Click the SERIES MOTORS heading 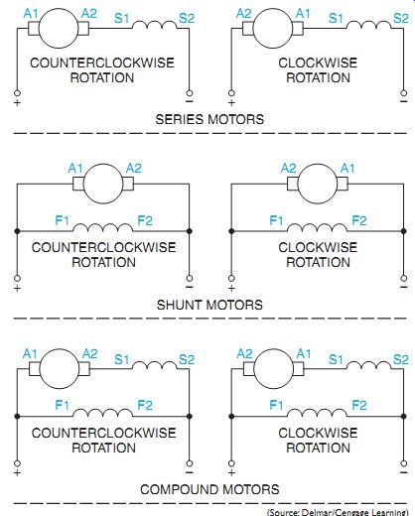pos(209,119)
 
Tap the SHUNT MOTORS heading pos(209,305)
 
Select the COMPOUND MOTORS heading pos(209,489)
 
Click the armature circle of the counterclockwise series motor pos(59,29)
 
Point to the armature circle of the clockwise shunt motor pos(318,184)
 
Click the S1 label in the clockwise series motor pos(336,18)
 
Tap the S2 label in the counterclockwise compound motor pos(187,359)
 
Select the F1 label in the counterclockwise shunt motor pos(62,220)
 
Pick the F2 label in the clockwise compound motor pos(359,405)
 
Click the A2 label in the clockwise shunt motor pos(288,169)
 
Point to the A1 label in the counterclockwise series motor pos(31,14)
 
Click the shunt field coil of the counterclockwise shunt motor pos(102,228)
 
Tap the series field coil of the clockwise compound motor pos(368,365)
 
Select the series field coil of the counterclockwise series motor pos(155,25)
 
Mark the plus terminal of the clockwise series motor pos(231,93)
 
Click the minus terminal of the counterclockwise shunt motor pos(190,278)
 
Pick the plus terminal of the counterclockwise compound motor pos(17,463)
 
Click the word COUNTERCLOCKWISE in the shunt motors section pos(103,247)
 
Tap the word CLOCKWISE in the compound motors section pos(318,433)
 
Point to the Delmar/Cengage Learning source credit pos(338,512)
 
